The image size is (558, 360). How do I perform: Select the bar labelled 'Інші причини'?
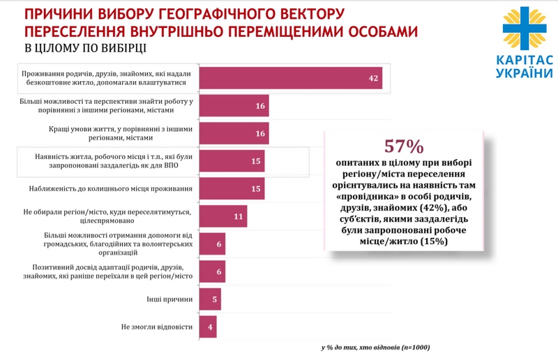210,299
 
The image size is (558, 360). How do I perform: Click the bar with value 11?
223,216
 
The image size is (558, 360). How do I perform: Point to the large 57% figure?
405,147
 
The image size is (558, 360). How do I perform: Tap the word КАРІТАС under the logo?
524,61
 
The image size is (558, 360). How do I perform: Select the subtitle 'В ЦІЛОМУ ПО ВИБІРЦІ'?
86,48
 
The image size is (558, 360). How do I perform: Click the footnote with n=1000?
375,347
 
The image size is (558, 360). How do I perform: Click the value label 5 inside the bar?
215,299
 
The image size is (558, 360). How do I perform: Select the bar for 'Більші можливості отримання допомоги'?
212,244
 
